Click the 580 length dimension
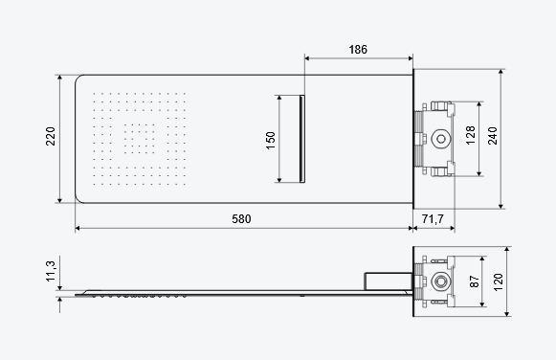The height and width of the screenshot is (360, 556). click(x=241, y=219)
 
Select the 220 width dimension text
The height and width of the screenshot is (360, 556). click(x=51, y=136)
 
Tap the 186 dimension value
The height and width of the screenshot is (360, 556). click(x=358, y=49)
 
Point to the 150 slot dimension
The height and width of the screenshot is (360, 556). click(x=271, y=141)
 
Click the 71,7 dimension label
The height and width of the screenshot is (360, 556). click(x=433, y=219)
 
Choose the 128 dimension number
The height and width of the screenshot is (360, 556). click(x=471, y=135)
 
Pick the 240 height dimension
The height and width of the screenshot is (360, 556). click(x=493, y=136)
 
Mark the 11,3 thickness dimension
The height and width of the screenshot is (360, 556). click(x=51, y=271)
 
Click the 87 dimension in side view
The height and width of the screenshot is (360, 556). click(x=474, y=281)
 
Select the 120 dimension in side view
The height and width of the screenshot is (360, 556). click(x=499, y=282)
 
